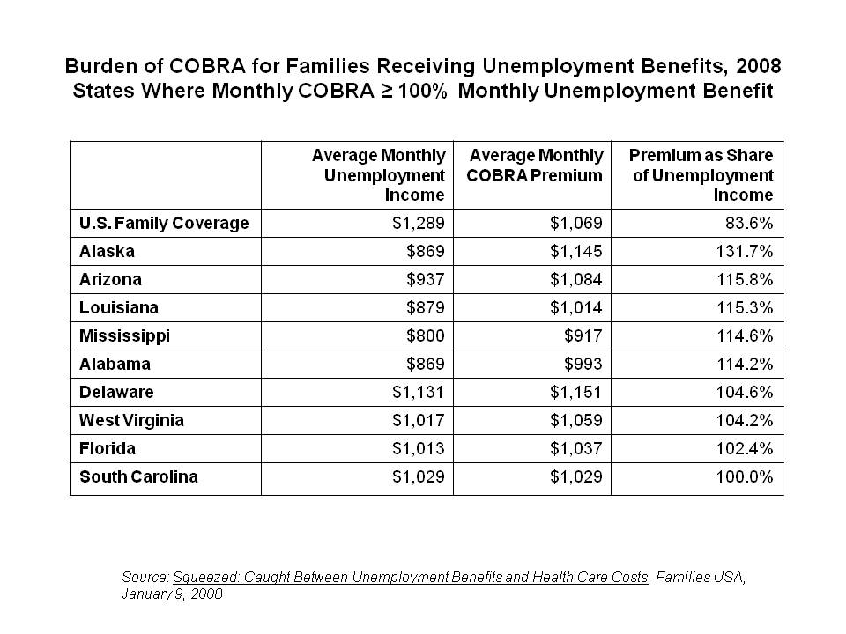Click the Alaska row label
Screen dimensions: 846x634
click(107, 251)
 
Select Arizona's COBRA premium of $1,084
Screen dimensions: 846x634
click(575, 279)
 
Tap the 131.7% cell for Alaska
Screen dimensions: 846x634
click(745, 251)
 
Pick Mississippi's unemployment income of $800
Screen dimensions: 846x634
click(425, 335)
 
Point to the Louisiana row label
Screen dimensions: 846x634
click(119, 307)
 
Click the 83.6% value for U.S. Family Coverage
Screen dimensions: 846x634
click(749, 223)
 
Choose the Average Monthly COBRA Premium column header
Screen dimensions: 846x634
click(535, 165)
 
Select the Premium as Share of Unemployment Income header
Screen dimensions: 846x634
click(701, 174)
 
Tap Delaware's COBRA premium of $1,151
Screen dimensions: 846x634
click(575, 392)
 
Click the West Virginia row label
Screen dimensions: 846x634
click(131, 420)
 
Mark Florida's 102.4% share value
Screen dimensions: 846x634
click(745, 448)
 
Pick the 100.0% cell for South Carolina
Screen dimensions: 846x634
click(745, 476)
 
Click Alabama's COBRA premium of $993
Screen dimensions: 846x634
click(583, 364)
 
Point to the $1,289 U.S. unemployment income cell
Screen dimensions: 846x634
click(418, 223)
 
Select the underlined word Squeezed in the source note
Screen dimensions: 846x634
click(205, 578)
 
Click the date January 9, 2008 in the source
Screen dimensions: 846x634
click(172, 593)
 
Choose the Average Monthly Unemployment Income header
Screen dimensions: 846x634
click(379, 174)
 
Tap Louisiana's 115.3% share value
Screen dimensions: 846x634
click(745, 307)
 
